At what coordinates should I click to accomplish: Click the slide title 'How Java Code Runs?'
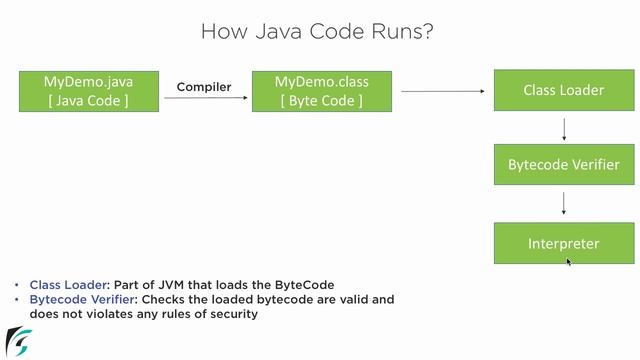[x=317, y=31]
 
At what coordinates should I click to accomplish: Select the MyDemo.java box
[x=89, y=90]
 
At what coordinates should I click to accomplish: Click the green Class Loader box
[x=563, y=90]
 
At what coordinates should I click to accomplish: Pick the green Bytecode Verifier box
[x=563, y=164]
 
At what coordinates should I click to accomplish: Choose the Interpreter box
[x=563, y=243]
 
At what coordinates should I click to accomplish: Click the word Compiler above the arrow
[x=204, y=87]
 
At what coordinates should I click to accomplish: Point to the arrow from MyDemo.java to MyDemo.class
[x=204, y=100]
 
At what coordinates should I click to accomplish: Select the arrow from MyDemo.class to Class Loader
[x=438, y=91]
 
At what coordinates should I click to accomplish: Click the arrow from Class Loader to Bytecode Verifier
[x=564, y=128]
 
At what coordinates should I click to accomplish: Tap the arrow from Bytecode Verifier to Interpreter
[x=564, y=203]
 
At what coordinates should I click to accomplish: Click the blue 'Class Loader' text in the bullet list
[x=65, y=285]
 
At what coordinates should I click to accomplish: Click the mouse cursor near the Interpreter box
[x=569, y=262]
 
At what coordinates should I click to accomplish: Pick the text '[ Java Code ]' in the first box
[x=89, y=100]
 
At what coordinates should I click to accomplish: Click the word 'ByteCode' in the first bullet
[x=305, y=285]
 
